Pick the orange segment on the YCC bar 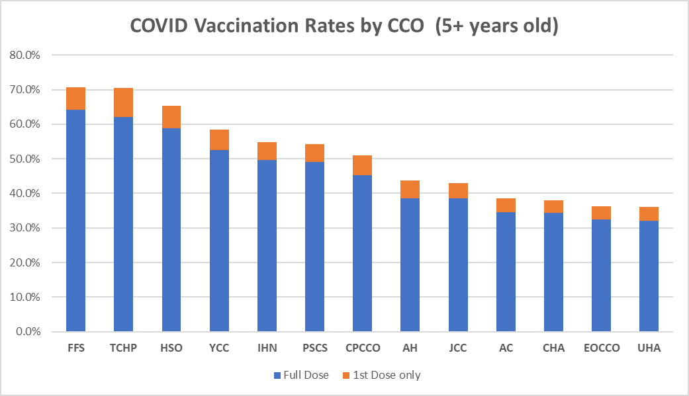pos(219,139)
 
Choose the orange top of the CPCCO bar pos(362,165)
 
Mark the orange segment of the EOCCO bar pos(601,212)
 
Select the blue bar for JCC pos(458,264)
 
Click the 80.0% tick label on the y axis pos(25,55)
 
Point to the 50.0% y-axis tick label pos(25,159)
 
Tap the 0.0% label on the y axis pos(28,331)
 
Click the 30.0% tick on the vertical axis pos(25,228)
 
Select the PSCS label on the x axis pos(314,348)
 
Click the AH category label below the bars pos(410,348)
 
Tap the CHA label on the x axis pos(553,348)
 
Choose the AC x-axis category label pos(506,348)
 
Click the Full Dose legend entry pos(301,376)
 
